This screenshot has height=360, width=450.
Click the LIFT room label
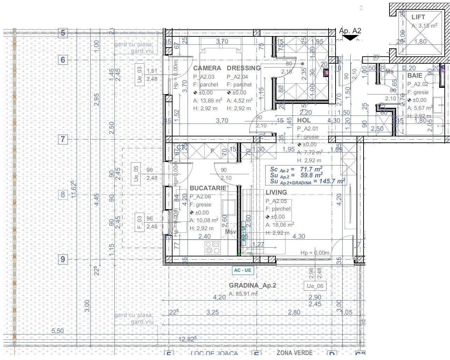point(418,17)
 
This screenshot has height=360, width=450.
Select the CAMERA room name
point(207,68)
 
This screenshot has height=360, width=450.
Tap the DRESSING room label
point(244,68)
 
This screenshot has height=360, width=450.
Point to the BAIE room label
point(415,76)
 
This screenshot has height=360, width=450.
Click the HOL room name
point(304,120)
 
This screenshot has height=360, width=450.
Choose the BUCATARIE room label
point(208,188)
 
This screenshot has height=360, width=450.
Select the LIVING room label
point(276,192)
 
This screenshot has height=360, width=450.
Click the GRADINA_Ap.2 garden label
point(252,285)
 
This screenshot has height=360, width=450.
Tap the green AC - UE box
point(243,270)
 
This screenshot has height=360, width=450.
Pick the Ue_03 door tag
point(139,75)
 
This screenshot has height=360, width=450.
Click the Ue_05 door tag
point(136,174)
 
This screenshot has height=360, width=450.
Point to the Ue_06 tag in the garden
point(315,286)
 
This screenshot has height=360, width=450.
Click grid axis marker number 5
point(63,33)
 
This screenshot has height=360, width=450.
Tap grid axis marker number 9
point(63,259)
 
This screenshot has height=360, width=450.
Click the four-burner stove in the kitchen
point(213,248)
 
